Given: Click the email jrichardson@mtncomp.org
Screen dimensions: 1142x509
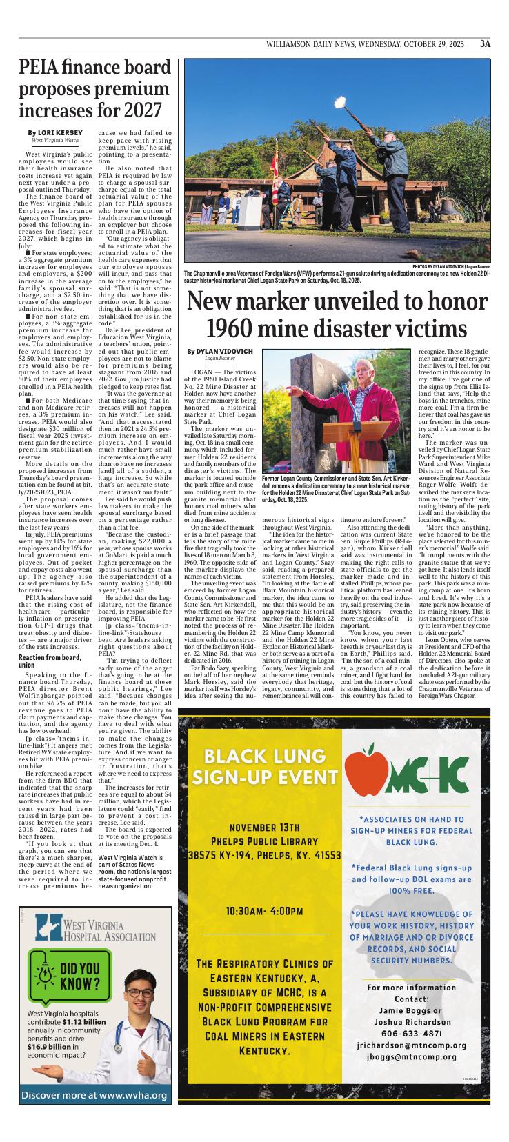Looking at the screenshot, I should pyautogui.click(x=412, y=1045).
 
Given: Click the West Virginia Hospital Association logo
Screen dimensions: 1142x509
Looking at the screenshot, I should pyautogui.click(x=95, y=928).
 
